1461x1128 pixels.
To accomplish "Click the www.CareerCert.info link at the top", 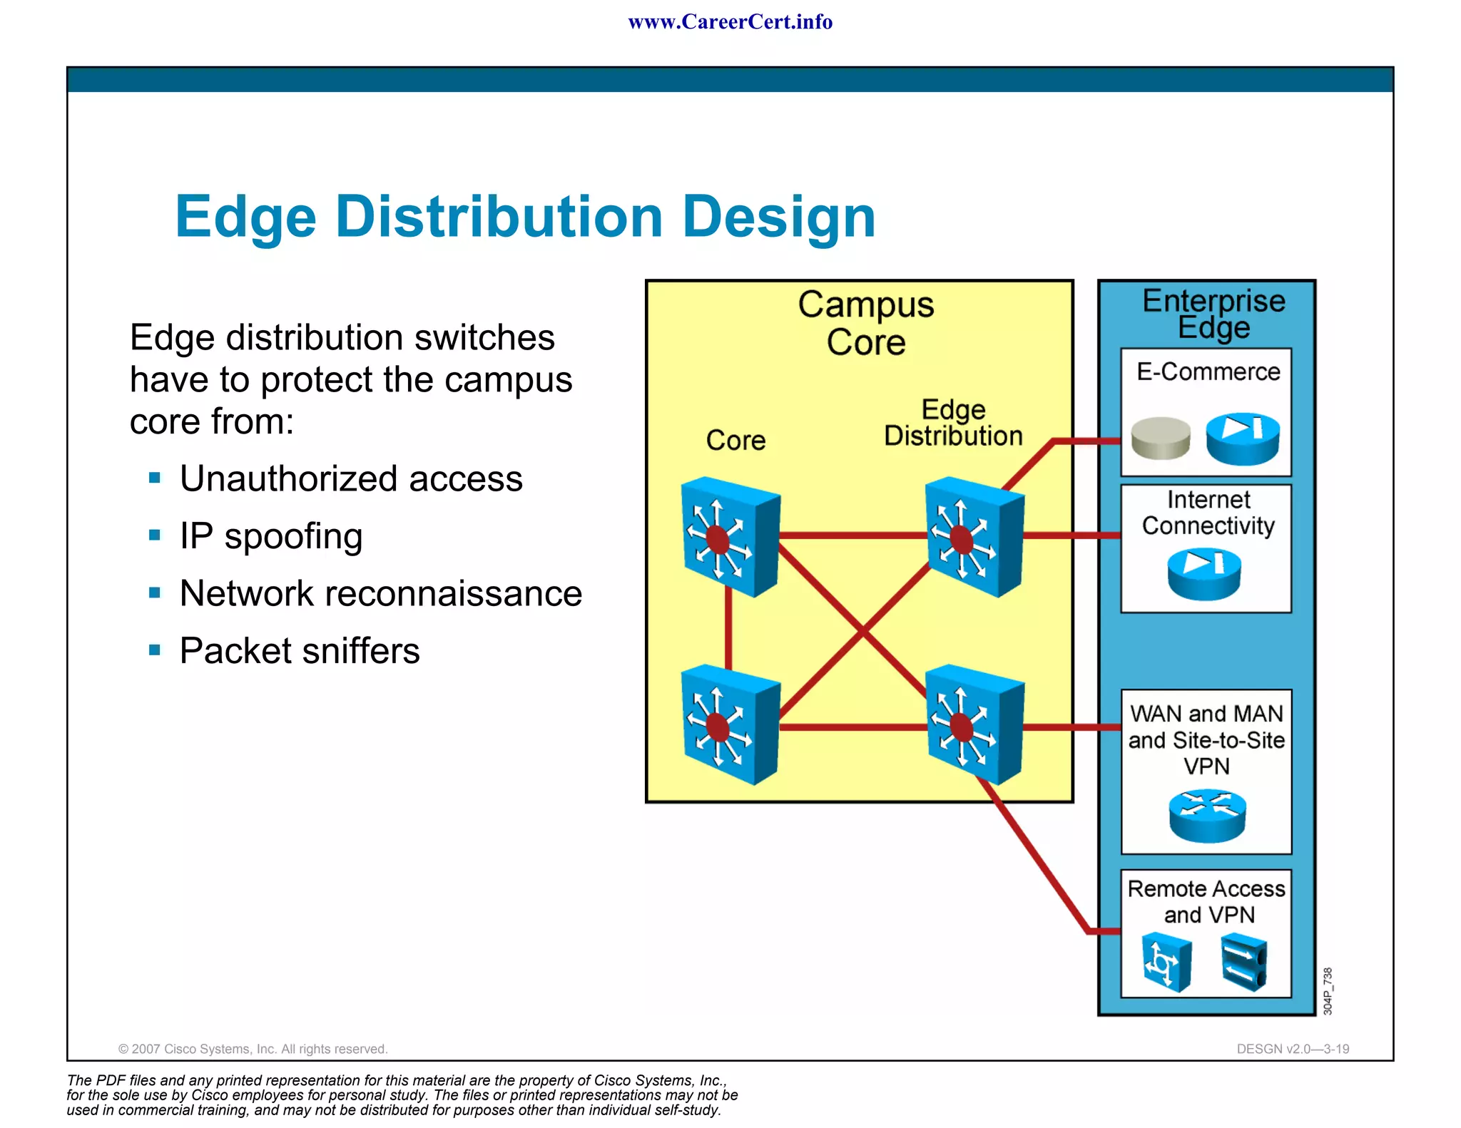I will [730, 22].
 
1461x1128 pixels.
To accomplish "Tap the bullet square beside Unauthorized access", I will [155, 478].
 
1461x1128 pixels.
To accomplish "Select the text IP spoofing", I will [271, 536].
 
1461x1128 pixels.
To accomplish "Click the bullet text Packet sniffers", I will [300, 651].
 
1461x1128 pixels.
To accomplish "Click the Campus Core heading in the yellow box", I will [865, 323].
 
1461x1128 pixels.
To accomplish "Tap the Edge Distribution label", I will [953, 423].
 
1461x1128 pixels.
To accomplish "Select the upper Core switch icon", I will [729, 537].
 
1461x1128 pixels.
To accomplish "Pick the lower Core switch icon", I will [729, 724].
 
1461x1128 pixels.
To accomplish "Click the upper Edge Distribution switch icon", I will [973, 537].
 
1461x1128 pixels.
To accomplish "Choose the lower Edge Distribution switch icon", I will [973, 724].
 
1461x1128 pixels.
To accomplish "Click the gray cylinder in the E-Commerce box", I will [1161, 438].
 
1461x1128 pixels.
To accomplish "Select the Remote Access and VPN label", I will [1206, 902].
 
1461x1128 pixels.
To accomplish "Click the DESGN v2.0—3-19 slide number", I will [1293, 1049].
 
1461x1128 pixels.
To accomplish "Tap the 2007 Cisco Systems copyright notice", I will [253, 1049].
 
